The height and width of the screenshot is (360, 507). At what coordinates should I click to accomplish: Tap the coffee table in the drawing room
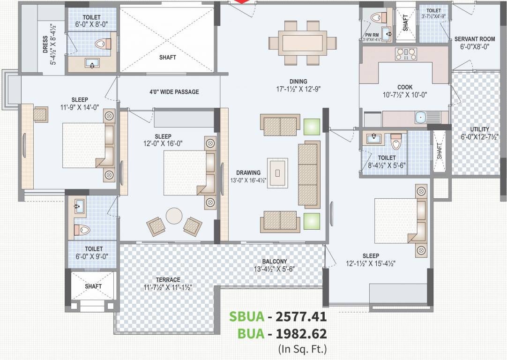[x=277, y=172]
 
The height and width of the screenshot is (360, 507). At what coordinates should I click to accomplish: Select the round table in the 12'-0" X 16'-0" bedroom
[x=174, y=216]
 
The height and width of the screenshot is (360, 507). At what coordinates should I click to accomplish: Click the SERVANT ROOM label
[x=471, y=39]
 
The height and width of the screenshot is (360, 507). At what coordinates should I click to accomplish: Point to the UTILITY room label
[x=480, y=129]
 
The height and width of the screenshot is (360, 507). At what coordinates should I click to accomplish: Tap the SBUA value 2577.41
[x=300, y=317]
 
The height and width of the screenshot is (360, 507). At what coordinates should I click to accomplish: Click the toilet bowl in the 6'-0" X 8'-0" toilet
[x=102, y=44]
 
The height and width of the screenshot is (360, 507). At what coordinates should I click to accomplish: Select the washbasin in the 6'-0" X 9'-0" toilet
[x=78, y=205]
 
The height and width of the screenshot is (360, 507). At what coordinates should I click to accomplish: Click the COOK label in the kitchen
[x=405, y=87]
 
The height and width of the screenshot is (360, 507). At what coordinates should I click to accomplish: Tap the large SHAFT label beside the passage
[x=167, y=58]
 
